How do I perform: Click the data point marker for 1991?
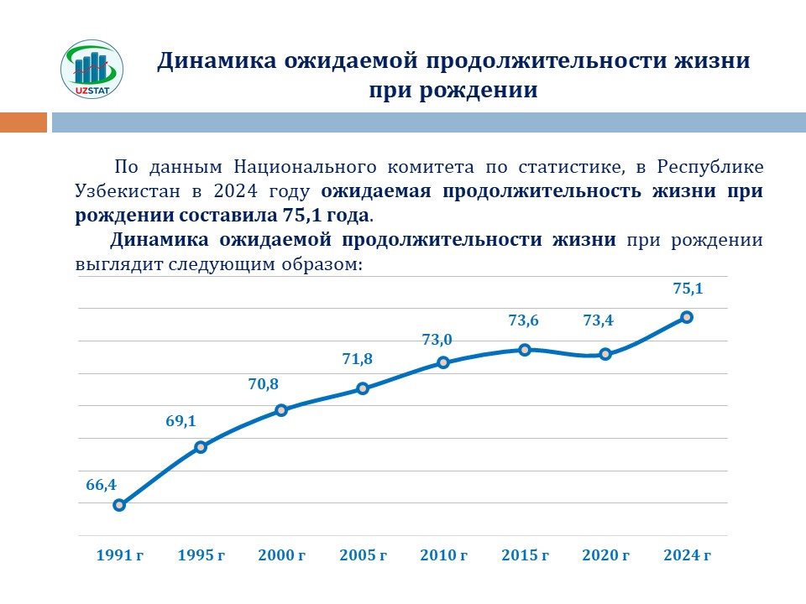click(x=119, y=505)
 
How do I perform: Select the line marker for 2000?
click(x=281, y=410)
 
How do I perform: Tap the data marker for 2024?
click(x=687, y=317)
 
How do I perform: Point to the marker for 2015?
click(x=525, y=350)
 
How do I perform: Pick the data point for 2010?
click(x=443, y=362)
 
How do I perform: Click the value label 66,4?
click(x=101, y=484)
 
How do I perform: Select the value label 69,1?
click(x=181, y=421)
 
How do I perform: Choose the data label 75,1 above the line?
click(x=688, y=289)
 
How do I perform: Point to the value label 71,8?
click(x=357, y=359)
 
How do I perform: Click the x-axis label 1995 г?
click(x=201, y=555)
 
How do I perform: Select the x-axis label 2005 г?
click(x=363, y=555)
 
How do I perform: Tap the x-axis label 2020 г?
click(x=606, y=555)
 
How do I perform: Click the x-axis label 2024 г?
click(x=687, y=555)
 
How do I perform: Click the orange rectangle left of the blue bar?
click(x=24, y=122)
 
